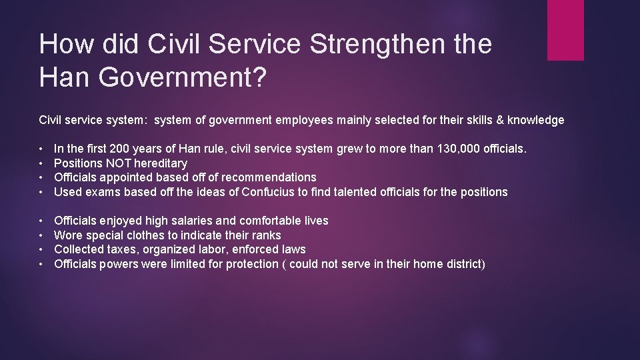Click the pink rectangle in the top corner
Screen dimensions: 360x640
point(565,30)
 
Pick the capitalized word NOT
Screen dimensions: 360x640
point(117,163)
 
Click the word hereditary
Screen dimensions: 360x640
point(161,163)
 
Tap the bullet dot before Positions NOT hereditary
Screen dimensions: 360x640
point(42,163)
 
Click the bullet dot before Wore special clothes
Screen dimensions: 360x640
point(42,235)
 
